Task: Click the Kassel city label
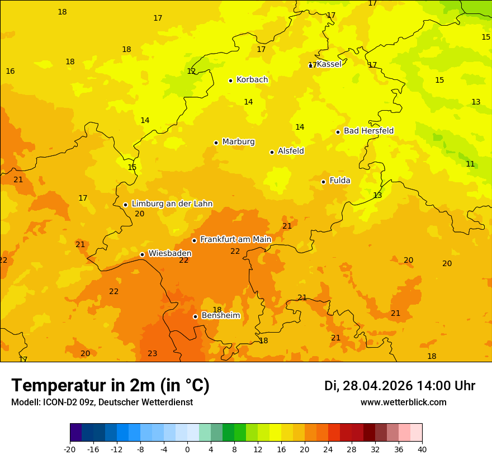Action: (x=329, y=64)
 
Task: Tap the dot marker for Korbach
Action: (x=230, y=81)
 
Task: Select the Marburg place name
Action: (x=238, y=142)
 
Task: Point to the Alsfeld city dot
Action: (x=272, y=152)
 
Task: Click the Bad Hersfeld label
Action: (x=368, y=131)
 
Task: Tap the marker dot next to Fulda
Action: (x=323, y=182)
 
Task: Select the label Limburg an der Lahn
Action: (x=172, y=204)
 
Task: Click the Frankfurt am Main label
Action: (x=235, y=240)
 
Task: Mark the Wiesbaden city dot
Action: (x=142, y=254)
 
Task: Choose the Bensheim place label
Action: (x=220, y=316)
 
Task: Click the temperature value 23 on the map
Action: (x=152, y=354)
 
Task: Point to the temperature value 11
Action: (x=470, y=164)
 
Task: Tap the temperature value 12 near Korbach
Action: (x=191, y=72)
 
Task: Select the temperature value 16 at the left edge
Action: (x=10, y=72)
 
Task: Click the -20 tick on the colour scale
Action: (x=70, y=449)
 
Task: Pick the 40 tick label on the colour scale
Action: (x=422, y=449)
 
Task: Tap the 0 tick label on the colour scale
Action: (x=187, y=449)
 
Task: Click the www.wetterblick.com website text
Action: (x=403, y=403)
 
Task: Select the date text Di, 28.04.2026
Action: (x=368, y=386)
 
